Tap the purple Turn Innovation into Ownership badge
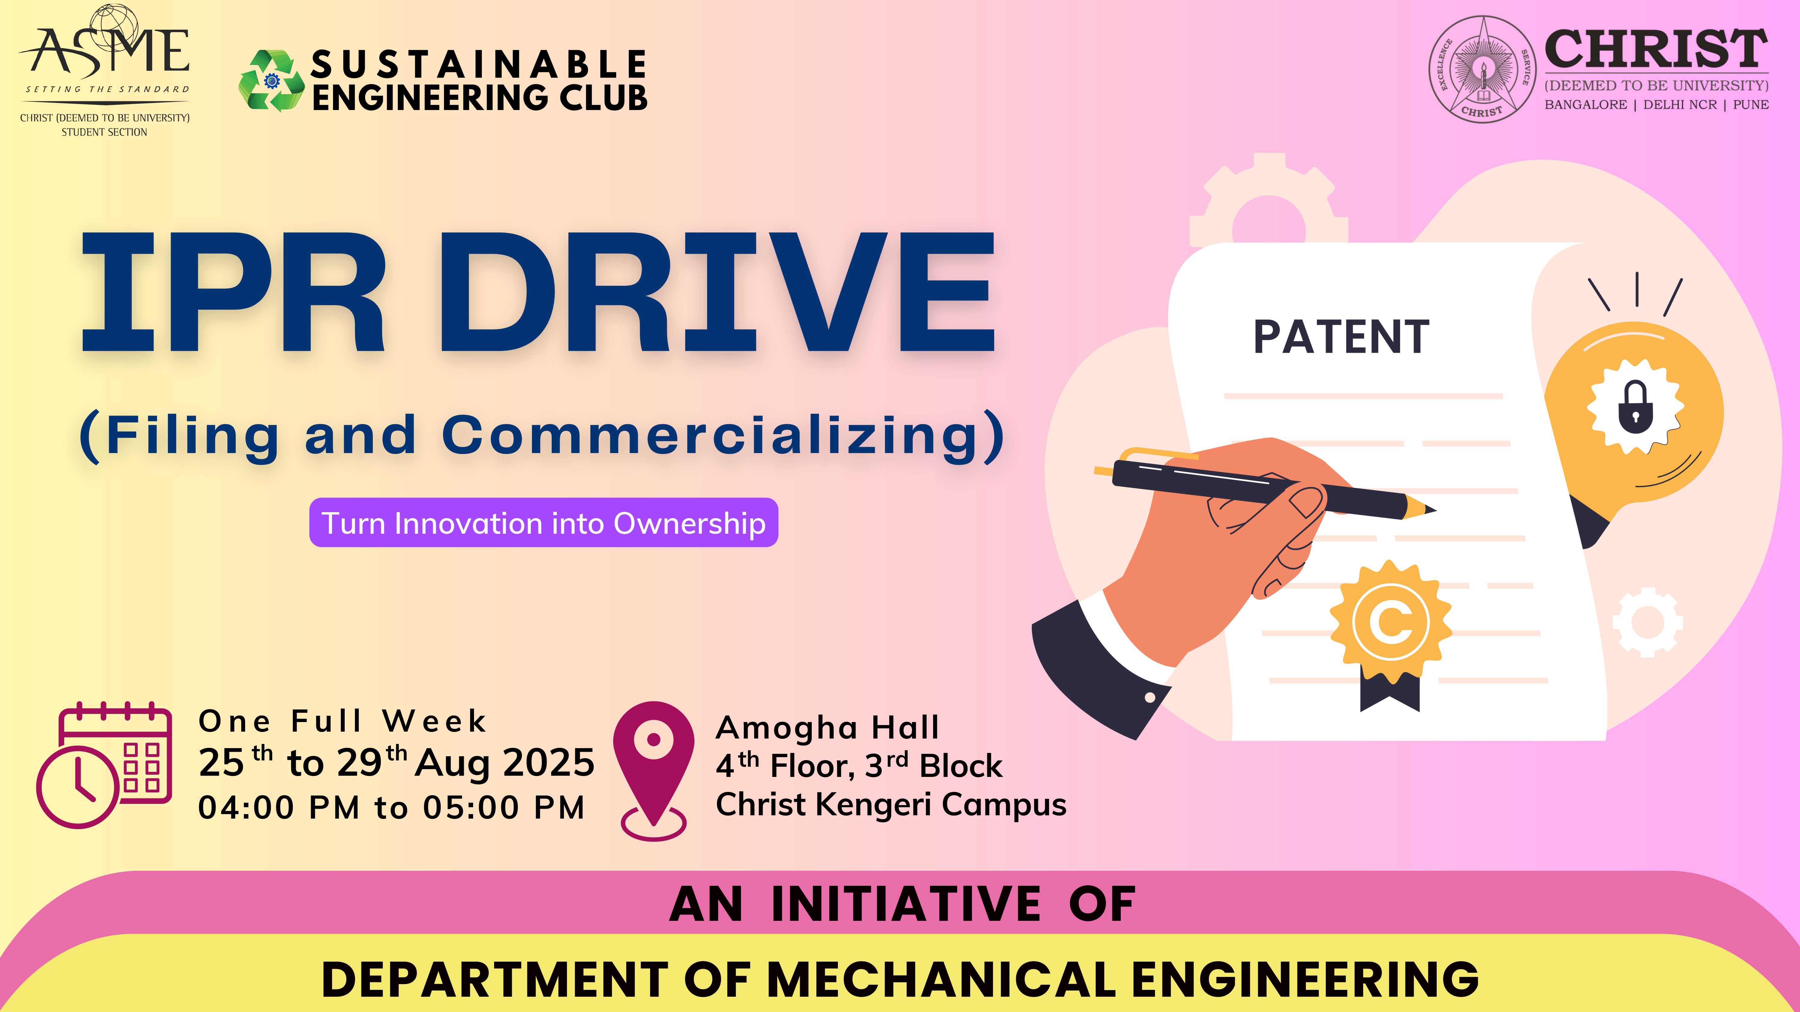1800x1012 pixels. coord(544,522)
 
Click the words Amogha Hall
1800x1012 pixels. coord(827,728)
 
